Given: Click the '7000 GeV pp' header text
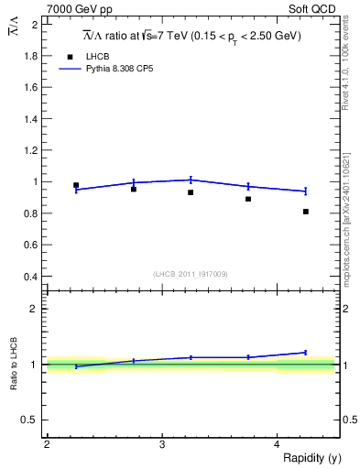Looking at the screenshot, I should click(x=80, y=8).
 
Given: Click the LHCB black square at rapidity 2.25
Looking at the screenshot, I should click(x=76, y=185).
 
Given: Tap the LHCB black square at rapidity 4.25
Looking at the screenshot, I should click(x=306, y=212).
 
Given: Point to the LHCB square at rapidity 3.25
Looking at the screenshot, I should click(x=191, y=192).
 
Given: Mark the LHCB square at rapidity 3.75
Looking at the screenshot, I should click(x=248, y=199).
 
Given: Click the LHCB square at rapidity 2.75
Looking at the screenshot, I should click(x=134, y=189).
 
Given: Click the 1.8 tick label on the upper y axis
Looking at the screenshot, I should click(x=30, y=56).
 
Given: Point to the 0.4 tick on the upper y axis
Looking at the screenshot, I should click(x=30, y=277).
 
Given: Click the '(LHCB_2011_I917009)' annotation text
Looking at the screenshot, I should click(x=191, y=273).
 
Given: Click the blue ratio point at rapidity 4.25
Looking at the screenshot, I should click(x=306, y=352).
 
